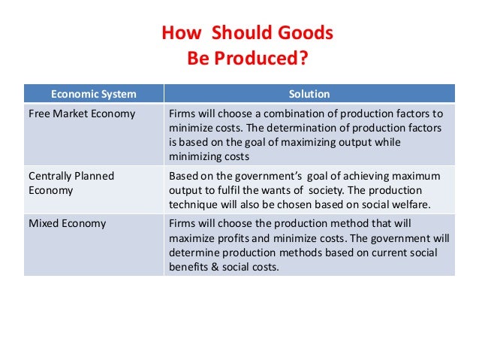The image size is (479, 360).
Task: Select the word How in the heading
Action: pyautogui.click(x=181, y=34)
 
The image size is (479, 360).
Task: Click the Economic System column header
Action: pyautogui.click(x=94, y=94)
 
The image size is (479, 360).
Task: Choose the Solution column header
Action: pyautogui.click(x=309, y=94)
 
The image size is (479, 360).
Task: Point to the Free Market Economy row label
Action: pyautogui.click(x=82, y=114)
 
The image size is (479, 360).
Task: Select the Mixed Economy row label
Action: pyautogui.click(x=67, y=223)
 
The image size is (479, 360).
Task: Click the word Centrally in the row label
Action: pyautogui.click(x=52, y=176)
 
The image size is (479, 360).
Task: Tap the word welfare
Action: pyautogui.click(x=412, y=204)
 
